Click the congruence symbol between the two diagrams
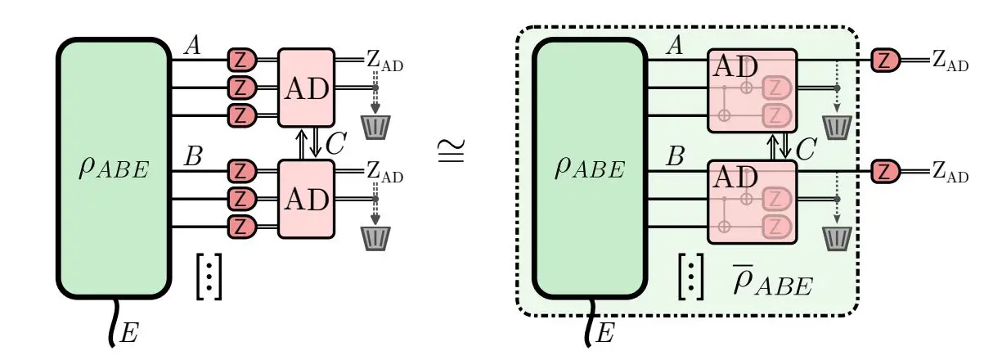click(x=454, y=151)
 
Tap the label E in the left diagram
click(x=129, y=332)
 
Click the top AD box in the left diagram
click(x=307, y=88)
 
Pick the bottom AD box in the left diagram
click(x=307, y=199)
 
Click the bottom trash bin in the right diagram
click(x=837, y=237)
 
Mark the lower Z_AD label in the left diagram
click(x=384, y=173)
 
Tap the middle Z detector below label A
click(x=241, y=87)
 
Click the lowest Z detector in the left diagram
click(x=241, y=226)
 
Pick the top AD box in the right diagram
click(x=751, y=90)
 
